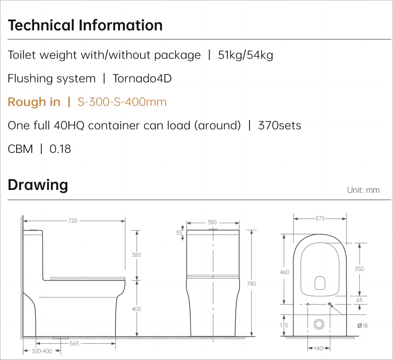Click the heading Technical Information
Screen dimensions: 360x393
click(x=85, y=25)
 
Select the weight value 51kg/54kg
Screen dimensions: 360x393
click(x=245, y=55)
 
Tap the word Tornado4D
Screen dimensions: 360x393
click(x=142, y=79)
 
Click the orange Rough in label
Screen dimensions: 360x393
click(x=34, y=102)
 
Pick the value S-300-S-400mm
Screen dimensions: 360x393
click(x=122, y=102)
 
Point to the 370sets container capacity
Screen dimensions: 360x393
click(x=279, y=125)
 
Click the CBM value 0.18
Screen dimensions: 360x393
click(x=60, y=149)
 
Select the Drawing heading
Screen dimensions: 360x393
click(x=38, y=185)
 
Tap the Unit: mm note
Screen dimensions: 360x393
click(x=363, y=190)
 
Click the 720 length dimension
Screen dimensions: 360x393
click(x=73, y=221)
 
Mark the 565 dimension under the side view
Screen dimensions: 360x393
click(x=74, y=344)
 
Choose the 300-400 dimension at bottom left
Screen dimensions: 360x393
click(x=42, y=351)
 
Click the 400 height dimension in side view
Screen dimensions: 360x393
click(x=136, y=309)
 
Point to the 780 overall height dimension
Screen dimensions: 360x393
click(x=251, y=284)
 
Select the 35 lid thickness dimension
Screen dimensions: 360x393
click(x=179, y=232)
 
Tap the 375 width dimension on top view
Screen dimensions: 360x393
click(x=320, y=219)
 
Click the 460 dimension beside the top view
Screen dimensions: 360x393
click(x=285, y=272)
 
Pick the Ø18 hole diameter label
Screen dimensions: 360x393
click(x=362, y=325)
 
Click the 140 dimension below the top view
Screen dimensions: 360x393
click(x=319, y=348)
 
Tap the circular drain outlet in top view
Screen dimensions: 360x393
click(x=319, y=324)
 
